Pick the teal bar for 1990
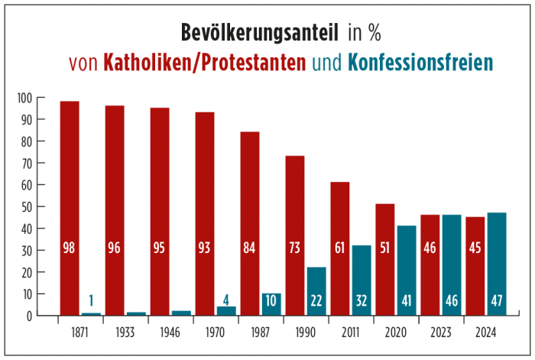pyautogui.click(x=316, y=290)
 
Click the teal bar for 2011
pyautogui.click(x=362, y=280)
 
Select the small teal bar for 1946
pyautogui.click(x=181, y=313)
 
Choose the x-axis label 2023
pyautogui.click(x=440, y=332)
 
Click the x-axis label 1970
pyautogui.click(x=215, y=332)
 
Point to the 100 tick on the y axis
pyautogui.click(x=27, y=98)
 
